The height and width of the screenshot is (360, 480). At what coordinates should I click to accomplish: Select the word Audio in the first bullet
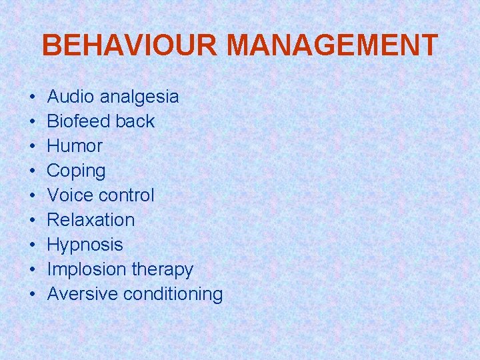tap(71, 97)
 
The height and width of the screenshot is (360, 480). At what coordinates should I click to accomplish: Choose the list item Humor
tap(75, 146)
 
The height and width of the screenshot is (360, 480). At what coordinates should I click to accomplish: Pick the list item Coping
tap(76, 171)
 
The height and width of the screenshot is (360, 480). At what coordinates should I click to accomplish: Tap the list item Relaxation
tap(91, 220)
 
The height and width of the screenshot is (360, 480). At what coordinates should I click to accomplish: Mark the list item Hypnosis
tap(85, 245)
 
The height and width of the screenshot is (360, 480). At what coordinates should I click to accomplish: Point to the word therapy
tap(163, 270)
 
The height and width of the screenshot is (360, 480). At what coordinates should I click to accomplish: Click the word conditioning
tap(173, 295)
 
